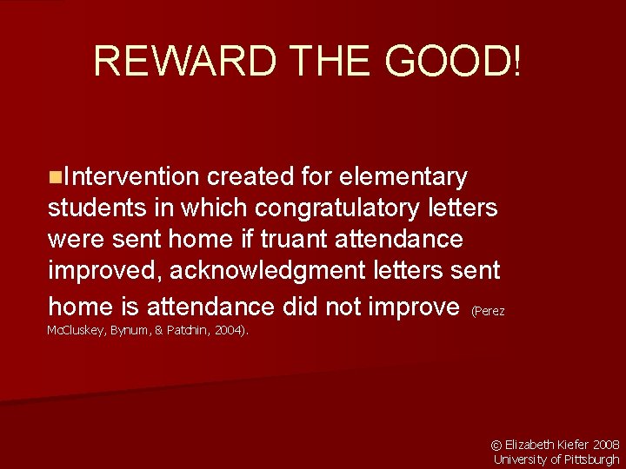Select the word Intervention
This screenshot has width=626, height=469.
[130, 177]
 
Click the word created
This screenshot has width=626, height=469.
[249, 177]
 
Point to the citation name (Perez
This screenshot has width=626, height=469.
[488, 310]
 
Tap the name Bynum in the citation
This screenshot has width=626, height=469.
[132, 330]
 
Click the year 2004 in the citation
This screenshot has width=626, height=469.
[230, 330]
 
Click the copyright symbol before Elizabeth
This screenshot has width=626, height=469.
[497, 444]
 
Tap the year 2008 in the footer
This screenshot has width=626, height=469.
[606, 444]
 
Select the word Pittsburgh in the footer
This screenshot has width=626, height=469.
[592, 459]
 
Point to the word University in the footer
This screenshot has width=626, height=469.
[521, 459]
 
